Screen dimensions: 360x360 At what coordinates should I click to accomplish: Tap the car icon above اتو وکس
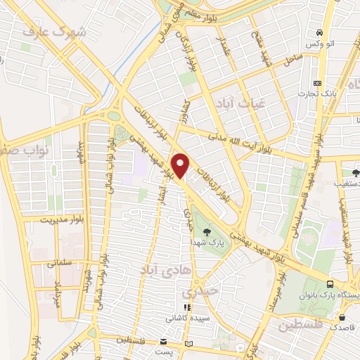click(x=319, y=32)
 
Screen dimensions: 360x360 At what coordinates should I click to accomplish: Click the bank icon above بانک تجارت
click(x=316, y=82)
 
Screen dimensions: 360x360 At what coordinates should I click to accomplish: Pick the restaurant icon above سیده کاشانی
click(x=186, y=307)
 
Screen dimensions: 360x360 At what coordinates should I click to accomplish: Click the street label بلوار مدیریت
click(x=49, y=219)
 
